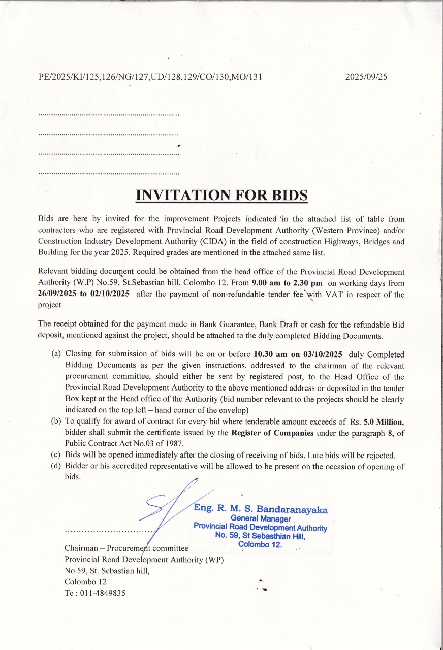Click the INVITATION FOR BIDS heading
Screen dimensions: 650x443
(x=221, y=196)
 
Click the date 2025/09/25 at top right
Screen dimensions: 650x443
(x=366, y=77)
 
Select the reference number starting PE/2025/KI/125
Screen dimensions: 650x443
(x=150, y=77)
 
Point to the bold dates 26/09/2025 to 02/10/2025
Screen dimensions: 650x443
(x=84, y=295)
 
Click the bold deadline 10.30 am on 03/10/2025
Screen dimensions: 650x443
(x=298, y=354)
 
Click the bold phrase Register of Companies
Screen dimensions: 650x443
(x=272, y=433)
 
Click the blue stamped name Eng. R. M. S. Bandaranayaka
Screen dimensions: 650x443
(x=261, y=509)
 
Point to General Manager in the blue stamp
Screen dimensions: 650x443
(x=260, y=518)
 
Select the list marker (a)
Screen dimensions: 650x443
(x=56, y=354)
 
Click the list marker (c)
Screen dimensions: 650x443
(x=56, y=455)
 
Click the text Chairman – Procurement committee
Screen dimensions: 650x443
(x=126, y=548)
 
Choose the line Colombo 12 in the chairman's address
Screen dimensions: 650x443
(x=85, y=581)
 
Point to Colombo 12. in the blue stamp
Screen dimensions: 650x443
(x=260, y=544)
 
